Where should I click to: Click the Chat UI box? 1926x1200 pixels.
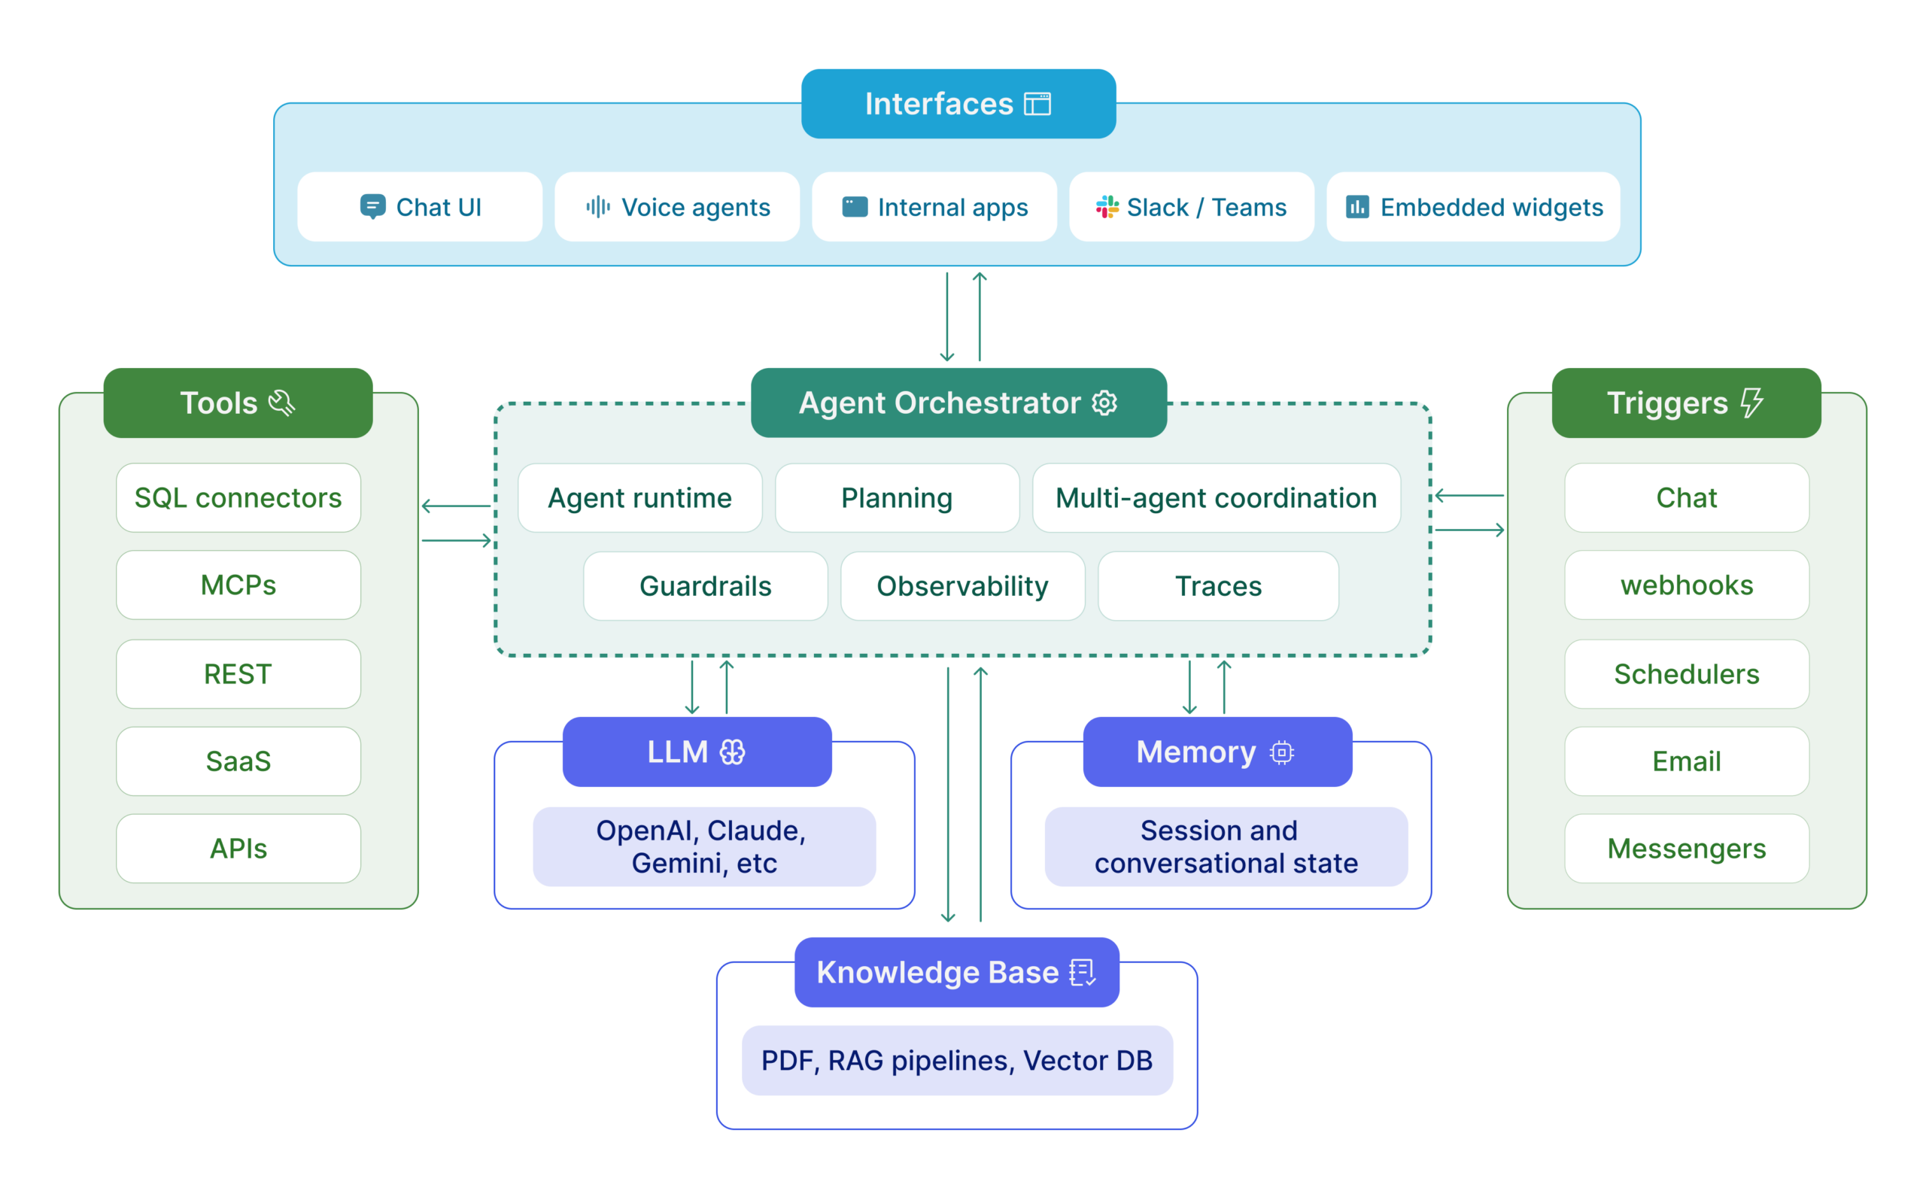pyautogui.click(x=419, y=207)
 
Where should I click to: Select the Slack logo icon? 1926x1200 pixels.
pyautogui.click(x=1107, y=207)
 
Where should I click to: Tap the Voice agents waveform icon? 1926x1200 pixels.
pyautogui.click(x=597, y=207)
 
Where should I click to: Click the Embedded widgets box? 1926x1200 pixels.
pyautogui.click(x=1473, y=207)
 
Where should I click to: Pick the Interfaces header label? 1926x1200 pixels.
pyautogui.click(x=958, y=104)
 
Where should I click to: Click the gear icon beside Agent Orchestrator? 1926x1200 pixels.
pyautogui.click(x=1104, y=403)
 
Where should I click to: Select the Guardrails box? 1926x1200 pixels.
pyautogui.click(x=705, y=587)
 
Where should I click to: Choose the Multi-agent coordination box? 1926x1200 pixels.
pyautogui.click(x=1216, y=498)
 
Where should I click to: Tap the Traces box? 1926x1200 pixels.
pyautogui.click(x=1217, y=587)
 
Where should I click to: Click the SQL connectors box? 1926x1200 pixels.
pyautogui.click(x=238, y=498)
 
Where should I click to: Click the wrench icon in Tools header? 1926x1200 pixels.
pyautogui.click(x=281, y=403)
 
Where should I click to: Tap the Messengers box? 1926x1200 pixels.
pyautogui.click(x=1685, y=849)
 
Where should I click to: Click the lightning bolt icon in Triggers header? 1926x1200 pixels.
pyautogui.click(x=1751, y=403)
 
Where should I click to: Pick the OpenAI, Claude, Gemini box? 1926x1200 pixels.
pyautogui.click(x=703, y=847)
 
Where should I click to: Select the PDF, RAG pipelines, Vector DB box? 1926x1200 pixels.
pyautogui.click(x=956, y=1061)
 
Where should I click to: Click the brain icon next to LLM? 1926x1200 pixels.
pyautogui.click(x=732, y=752)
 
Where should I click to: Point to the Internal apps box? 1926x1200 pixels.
pyautogui.click(x=934, y=207)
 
